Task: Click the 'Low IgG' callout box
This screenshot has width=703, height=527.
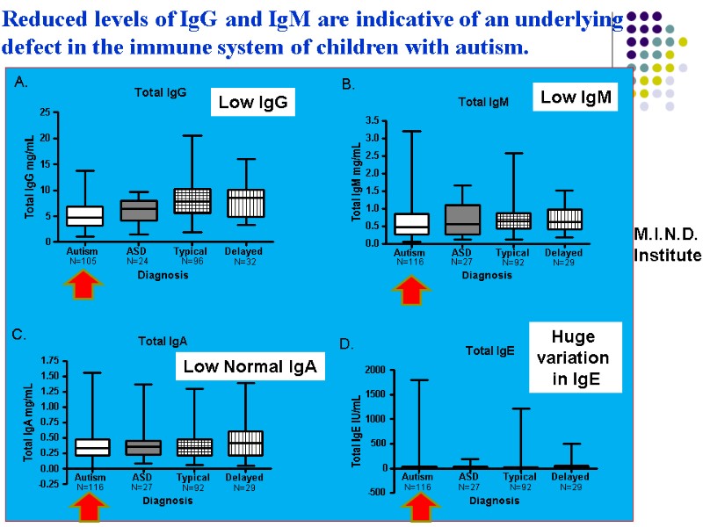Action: click(252, 104)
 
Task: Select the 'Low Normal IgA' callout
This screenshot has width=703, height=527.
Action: click(250, 367)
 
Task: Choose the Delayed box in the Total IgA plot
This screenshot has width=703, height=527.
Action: click(245, 443)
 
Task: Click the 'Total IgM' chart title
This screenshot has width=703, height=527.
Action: click(483, 103)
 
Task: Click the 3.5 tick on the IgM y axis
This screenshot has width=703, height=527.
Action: click(373, 120)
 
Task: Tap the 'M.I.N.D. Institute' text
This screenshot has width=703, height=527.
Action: click(667, 244)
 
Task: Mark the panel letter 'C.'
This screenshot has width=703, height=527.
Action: click(19, 335)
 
